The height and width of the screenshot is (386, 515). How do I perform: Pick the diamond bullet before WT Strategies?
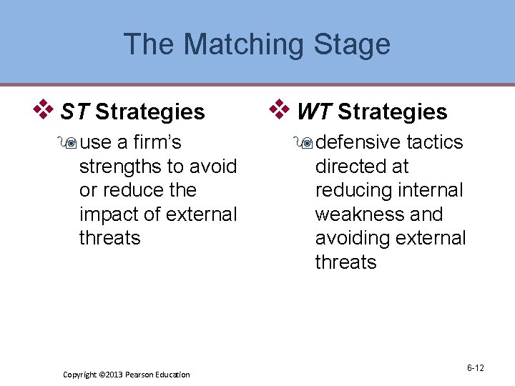[279, 110]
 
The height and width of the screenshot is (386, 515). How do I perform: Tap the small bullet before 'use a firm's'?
[71, 143]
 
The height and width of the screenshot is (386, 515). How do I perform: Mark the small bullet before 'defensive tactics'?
[307, 143]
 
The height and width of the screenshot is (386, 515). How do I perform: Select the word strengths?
[120, 167]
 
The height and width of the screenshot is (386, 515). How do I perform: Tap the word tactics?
[434, 142]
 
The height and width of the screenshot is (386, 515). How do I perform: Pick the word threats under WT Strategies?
[345, 262]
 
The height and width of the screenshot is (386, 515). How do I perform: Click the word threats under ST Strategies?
[109, 238]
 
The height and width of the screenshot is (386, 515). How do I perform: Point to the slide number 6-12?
[475, 368]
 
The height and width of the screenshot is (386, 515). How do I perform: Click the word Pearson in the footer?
[145, 375]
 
